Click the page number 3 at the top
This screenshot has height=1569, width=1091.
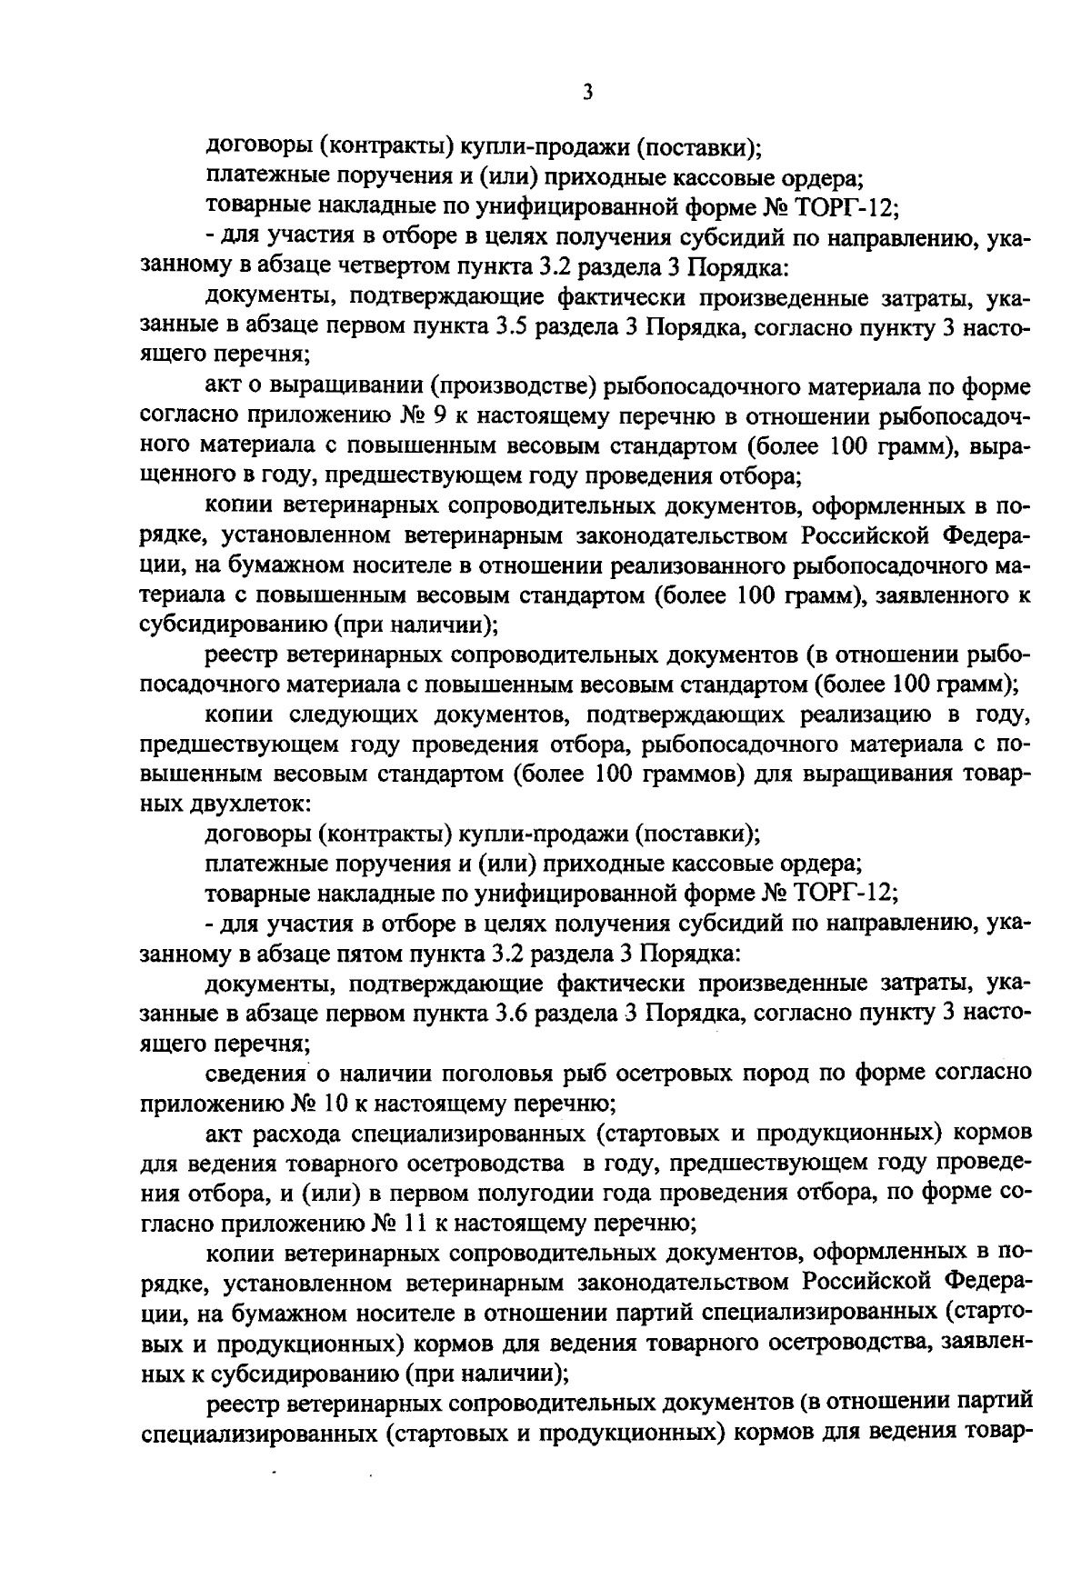coord(587,92)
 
